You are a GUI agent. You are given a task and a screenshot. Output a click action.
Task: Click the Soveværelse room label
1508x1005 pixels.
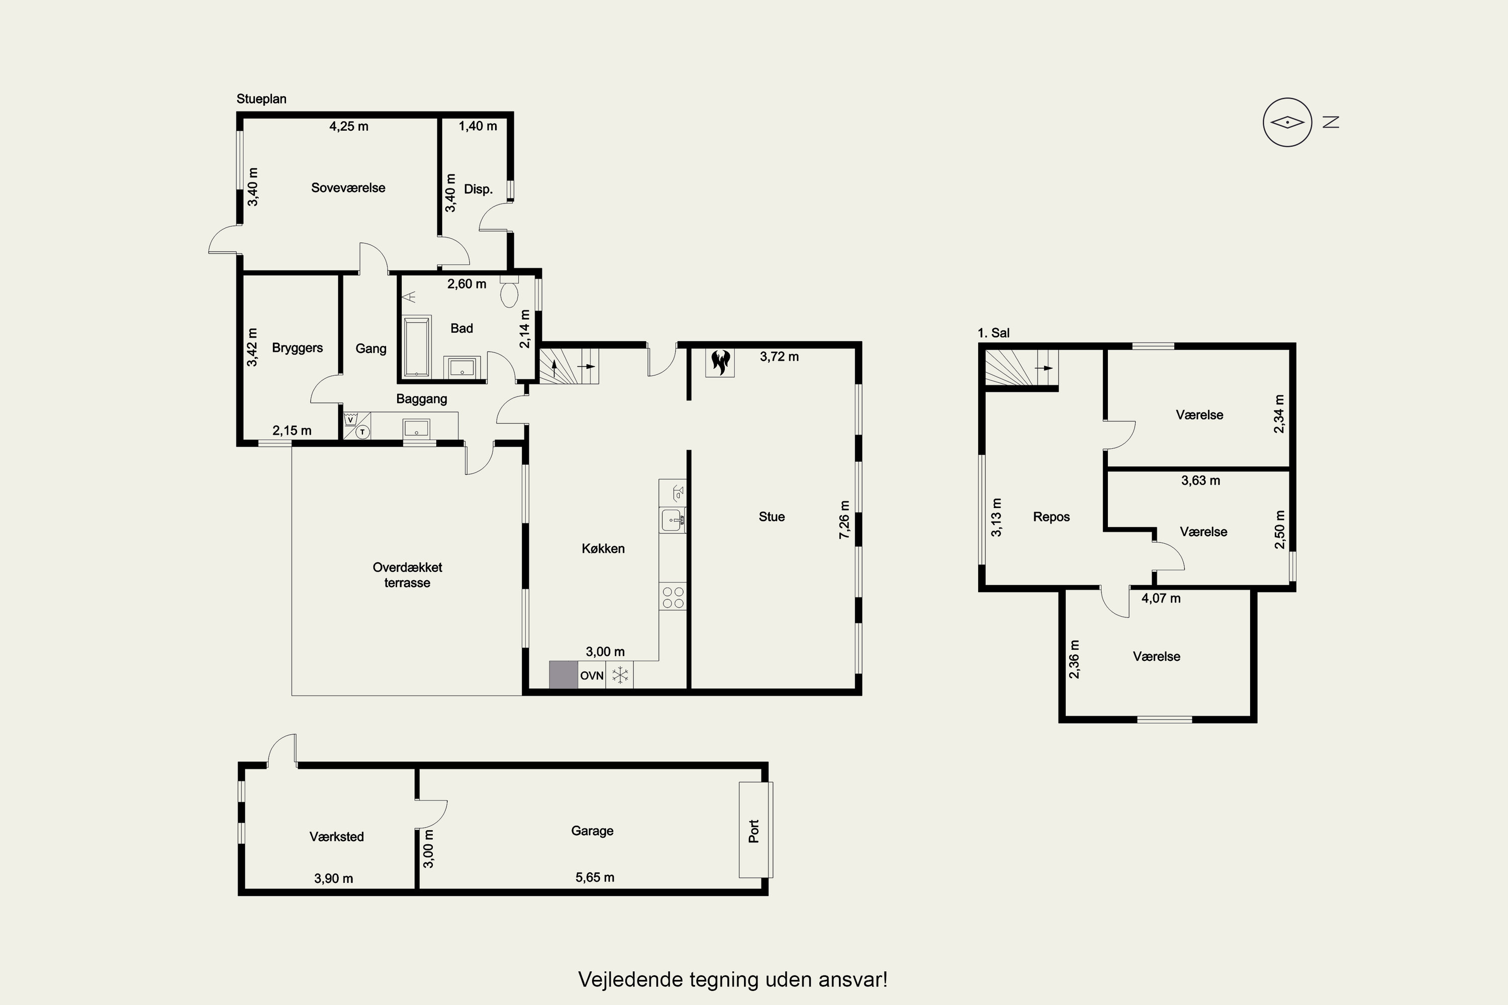348,188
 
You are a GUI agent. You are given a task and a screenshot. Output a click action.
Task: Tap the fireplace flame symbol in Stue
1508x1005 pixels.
720,362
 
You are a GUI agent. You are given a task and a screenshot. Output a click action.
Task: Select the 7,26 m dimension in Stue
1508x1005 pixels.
844,519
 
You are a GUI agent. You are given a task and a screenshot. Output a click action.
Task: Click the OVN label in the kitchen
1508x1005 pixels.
592,675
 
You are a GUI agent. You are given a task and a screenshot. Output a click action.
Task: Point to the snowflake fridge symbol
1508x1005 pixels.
620,675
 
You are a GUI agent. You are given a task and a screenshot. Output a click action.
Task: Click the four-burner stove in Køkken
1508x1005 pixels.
673,597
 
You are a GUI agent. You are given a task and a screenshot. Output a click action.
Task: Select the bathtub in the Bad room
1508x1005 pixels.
417,346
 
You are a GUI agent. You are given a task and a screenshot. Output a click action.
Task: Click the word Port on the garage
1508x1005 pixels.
754,831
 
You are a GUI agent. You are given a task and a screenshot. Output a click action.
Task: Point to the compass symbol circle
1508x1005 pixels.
1287,123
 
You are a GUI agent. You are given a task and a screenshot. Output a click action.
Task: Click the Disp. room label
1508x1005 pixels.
479,189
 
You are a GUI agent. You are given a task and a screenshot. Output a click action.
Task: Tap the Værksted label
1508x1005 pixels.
337,837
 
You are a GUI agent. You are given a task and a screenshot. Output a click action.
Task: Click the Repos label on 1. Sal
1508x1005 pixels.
1052,517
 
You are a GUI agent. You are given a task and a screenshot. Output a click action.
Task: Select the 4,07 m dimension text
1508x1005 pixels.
1161,598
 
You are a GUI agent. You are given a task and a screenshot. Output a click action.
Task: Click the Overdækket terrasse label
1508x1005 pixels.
407,575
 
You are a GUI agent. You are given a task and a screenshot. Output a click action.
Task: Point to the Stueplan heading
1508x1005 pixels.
261,98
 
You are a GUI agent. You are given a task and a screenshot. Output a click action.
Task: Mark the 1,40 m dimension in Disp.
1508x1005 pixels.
478,126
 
